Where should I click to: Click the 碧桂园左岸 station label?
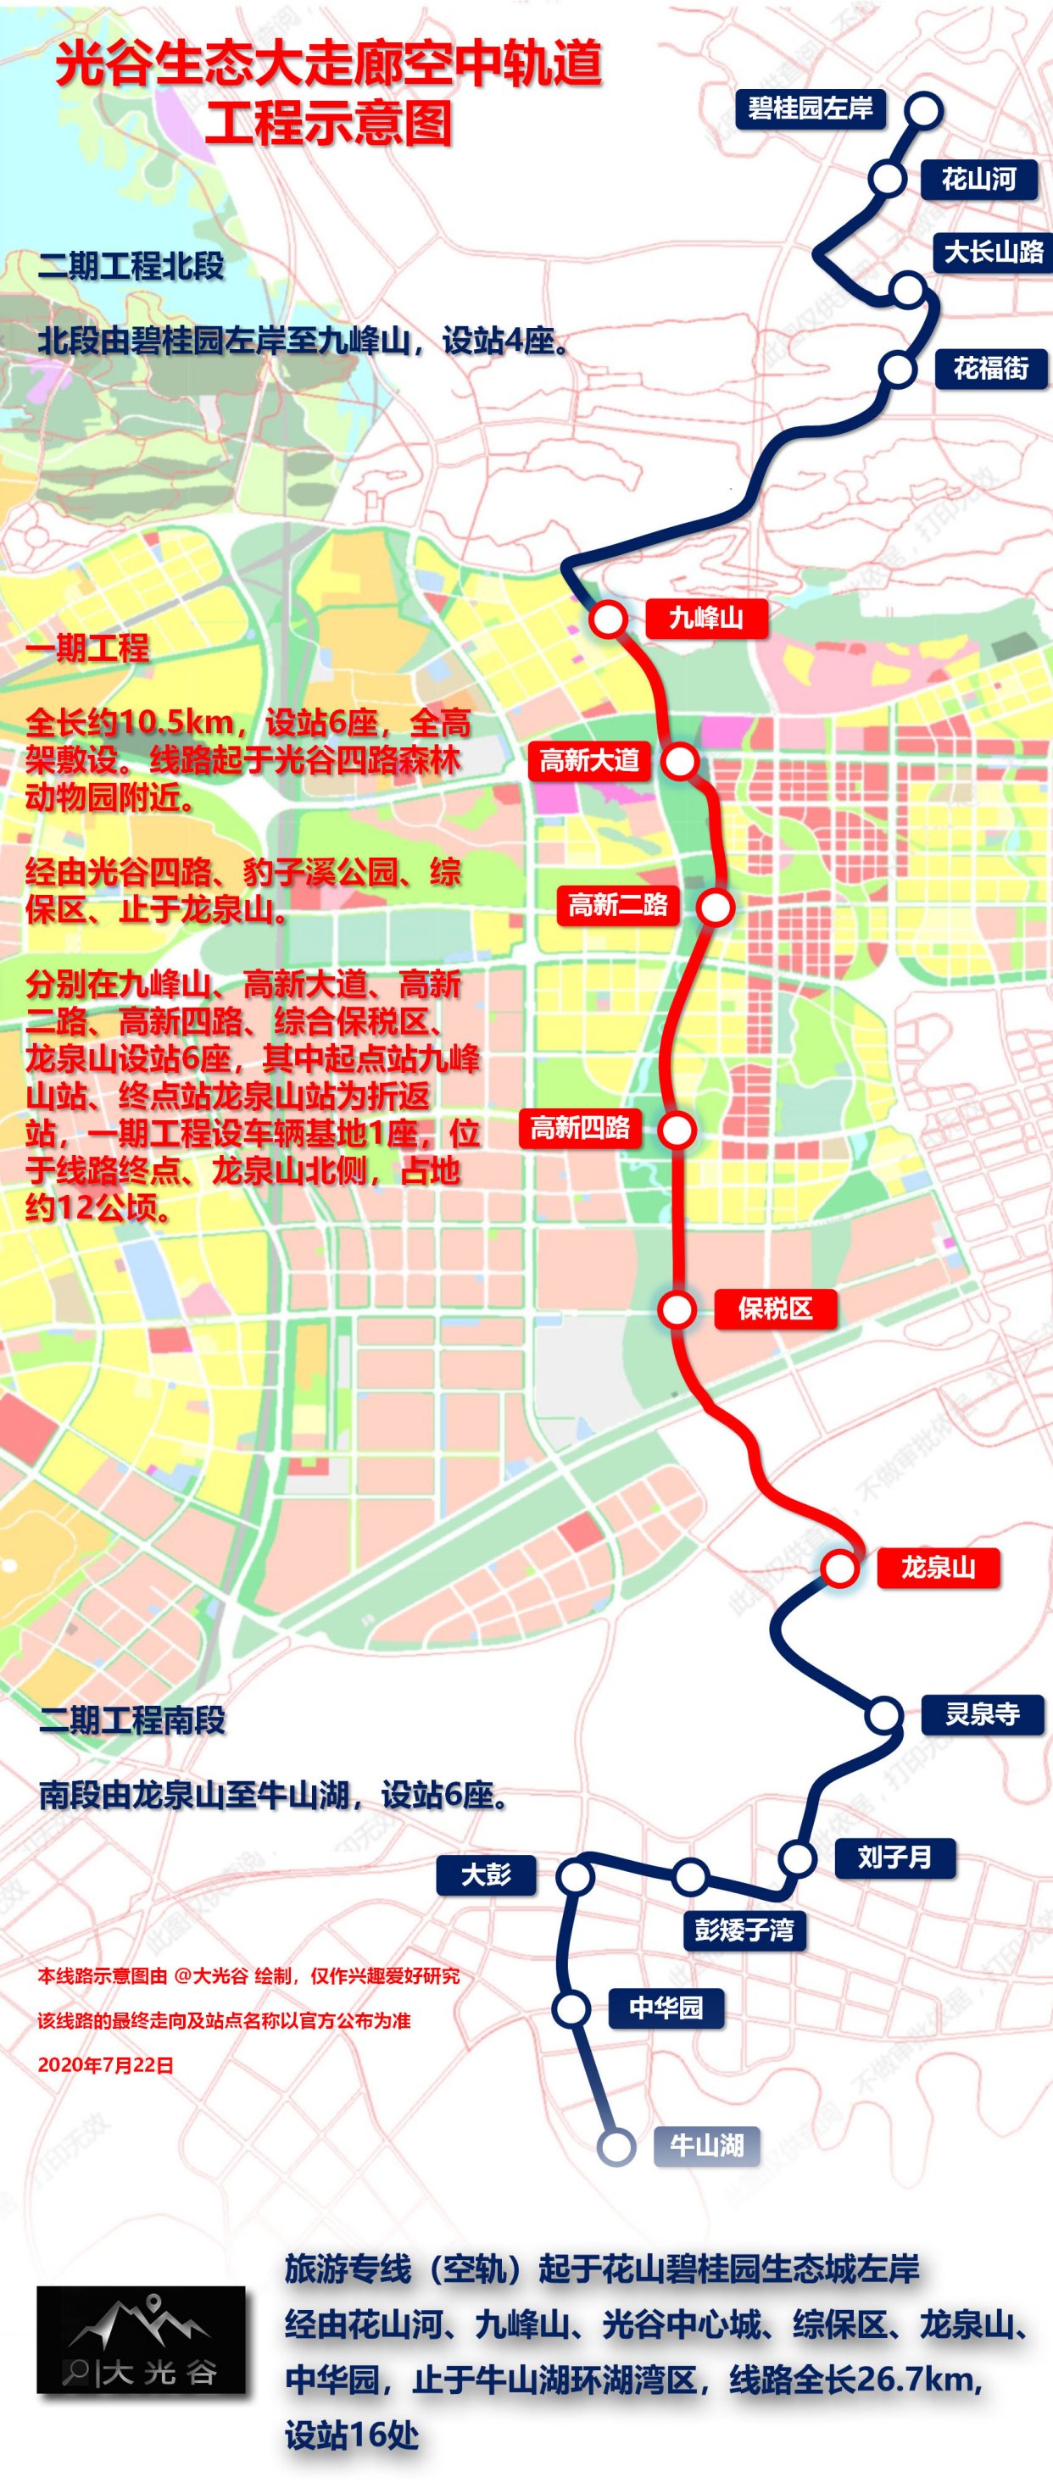810,108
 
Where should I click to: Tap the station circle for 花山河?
886,179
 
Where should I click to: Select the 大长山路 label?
993,252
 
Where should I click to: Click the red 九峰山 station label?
706,617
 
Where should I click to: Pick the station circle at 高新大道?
680,761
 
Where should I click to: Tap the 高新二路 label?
617,905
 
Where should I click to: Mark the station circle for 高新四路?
677,1129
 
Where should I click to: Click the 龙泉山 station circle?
839,1568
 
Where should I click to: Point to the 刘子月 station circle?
798,1858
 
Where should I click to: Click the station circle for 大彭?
575,1877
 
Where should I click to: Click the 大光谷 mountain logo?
141,2339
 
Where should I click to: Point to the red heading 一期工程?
88,647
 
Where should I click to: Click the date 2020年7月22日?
105,2065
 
